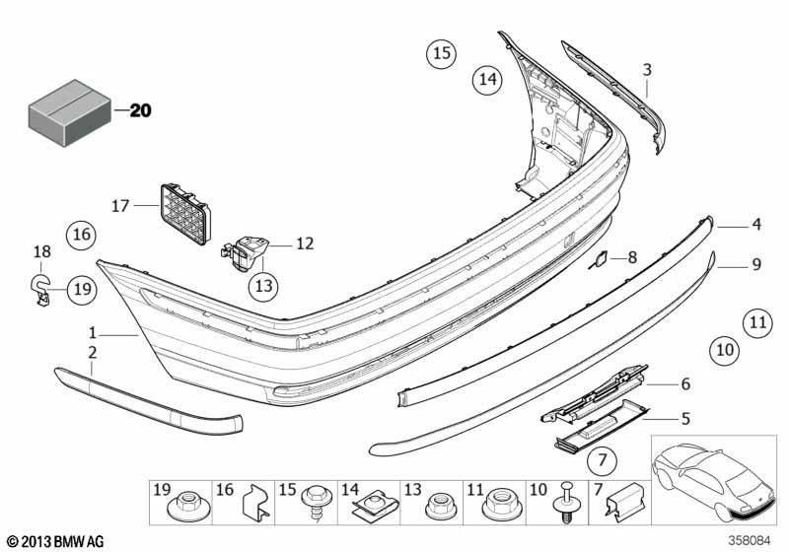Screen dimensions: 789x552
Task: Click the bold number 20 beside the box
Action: pos(140,110)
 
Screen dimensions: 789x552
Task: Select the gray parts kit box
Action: pos(69,112)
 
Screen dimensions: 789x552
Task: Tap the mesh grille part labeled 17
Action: pos(185,214)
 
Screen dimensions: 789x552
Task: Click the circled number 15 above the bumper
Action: pos(441,53)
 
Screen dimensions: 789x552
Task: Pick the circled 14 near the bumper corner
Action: pos(487,79)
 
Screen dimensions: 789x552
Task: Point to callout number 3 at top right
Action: pos(647,70)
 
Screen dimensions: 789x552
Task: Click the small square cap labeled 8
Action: pos(602,259)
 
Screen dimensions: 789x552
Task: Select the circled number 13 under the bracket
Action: pos(263,286)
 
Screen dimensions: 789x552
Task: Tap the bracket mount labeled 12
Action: pos(246,253)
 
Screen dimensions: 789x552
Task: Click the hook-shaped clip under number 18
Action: pos(40,291)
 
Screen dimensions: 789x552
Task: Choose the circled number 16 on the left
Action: pos(82,235)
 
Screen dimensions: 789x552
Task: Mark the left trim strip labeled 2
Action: pos(149,399)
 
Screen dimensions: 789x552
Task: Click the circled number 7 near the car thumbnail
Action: pos(602,460)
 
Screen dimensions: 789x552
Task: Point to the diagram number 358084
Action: pos(750,541)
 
